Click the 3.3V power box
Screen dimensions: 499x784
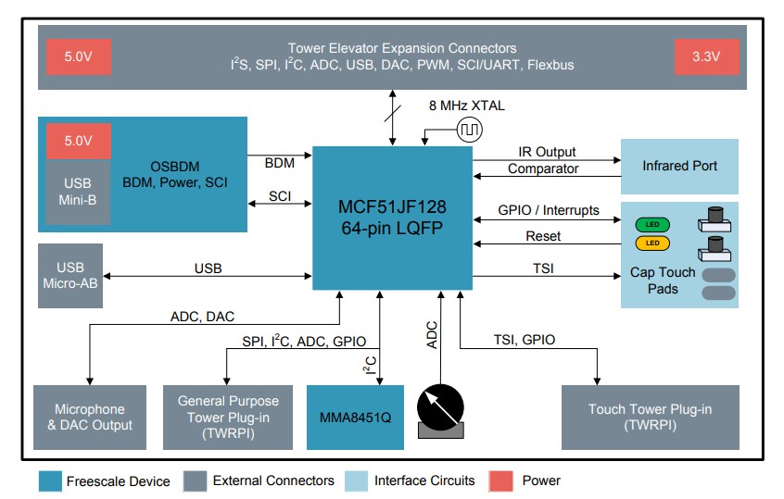point(708,57)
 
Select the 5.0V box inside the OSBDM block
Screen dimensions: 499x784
point(78,141)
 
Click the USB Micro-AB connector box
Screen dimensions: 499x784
point(70,276)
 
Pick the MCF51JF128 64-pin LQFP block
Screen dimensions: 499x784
point(391,215)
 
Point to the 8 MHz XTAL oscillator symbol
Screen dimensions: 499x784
point(469,130)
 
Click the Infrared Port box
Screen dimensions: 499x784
point(678,166)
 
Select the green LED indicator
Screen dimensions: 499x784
point(652,224)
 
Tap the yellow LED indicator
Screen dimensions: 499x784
point(652,243)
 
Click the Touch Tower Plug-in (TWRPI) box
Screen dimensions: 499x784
point(651,417)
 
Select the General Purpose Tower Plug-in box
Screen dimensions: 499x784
point(227,417)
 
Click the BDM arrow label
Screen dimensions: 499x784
point(279,163)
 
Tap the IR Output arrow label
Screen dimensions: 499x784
point(547,151)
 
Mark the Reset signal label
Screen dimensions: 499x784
point(543,236)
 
